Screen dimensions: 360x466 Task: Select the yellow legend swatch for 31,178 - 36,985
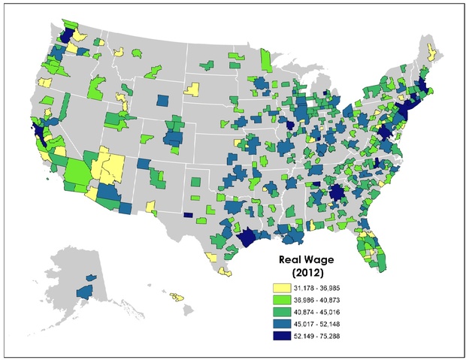pyautogui.click(x=283, y=287)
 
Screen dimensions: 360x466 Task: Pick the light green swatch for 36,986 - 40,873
pyautogui.click(x=283, y=298)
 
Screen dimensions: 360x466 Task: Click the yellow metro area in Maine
pyautogui.click(x=431, y=52)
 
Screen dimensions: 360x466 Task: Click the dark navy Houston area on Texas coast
pyautogui.click(x=246, y=238)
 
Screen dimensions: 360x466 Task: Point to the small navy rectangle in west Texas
pyautogui.click(x=187, y=214)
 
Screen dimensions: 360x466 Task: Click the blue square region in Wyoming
pyautogui.click(x=163, y=100)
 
